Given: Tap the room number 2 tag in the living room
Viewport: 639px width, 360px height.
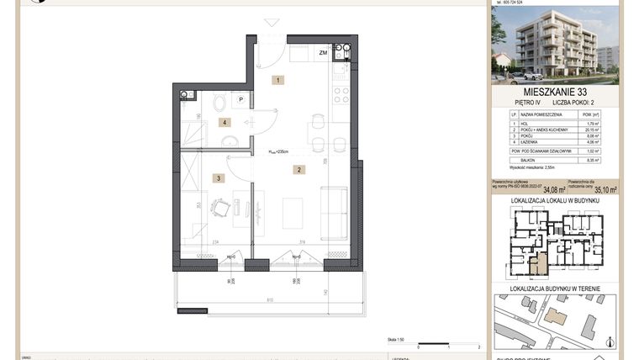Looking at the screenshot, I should coord(298,170).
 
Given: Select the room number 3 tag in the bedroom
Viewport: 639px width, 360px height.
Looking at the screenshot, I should coord(217,177).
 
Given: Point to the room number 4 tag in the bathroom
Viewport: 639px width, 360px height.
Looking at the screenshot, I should coord(224,122).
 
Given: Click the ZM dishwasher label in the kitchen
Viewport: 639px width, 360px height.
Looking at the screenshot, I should coord(323,53).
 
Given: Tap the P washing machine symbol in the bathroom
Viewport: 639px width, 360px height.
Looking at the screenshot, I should coord(240,99).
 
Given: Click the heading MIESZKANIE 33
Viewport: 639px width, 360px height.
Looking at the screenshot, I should coord(554,91).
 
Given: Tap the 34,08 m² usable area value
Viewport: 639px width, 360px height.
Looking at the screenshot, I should coord(554,189).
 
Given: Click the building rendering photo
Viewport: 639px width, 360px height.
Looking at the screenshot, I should coord(554,44).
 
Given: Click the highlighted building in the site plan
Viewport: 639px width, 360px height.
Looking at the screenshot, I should coord(555,315).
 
